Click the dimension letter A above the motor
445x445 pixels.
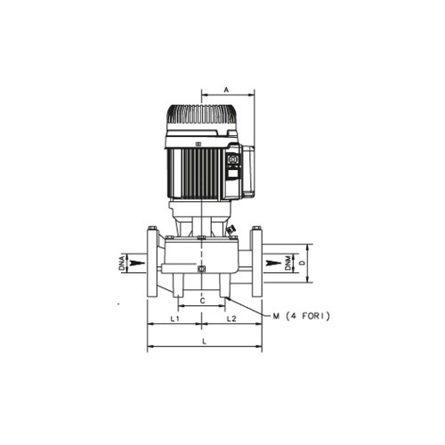point(227,90)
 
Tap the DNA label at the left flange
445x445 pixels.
point(122,263)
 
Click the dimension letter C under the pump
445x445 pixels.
point(202,302)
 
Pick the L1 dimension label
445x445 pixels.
point(175,318)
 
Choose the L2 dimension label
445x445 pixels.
point(231,318)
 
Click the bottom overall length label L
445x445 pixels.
point(204,341)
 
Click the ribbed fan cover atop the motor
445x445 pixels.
point(202,117)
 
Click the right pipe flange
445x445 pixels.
point(256,263)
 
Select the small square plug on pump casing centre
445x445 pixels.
point(202,269)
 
